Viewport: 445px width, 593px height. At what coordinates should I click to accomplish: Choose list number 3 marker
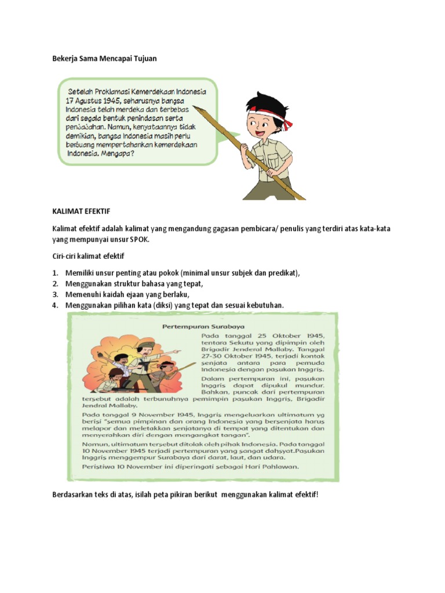tap(56, 295)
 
